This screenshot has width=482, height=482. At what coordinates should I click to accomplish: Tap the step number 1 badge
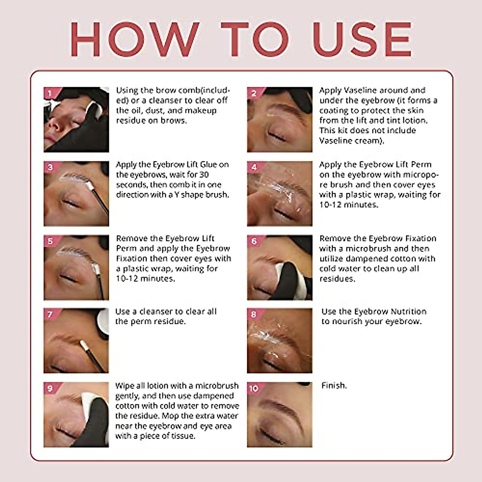coord(50,94)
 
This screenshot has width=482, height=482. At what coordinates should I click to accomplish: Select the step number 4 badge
coord(254,167)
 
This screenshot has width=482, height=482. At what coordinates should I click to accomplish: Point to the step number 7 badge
coord(50,315)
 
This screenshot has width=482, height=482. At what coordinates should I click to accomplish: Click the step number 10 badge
coord(254,388)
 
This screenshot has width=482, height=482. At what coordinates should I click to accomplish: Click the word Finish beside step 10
coord(334,386)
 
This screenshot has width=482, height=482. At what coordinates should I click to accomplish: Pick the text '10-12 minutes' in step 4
coord(349,205)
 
